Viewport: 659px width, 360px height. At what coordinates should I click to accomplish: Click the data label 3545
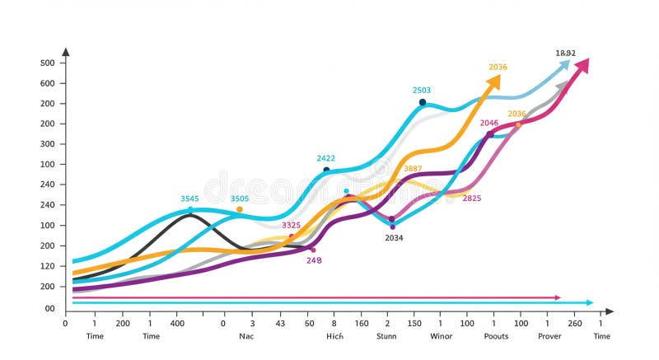(190, 199)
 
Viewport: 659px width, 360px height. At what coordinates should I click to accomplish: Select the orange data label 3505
(240, 199)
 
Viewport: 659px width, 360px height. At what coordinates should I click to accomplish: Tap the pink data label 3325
(291, 225)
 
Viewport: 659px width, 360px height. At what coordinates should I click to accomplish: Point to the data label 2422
(325, 158)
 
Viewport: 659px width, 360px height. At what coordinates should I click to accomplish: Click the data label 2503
(422, 91)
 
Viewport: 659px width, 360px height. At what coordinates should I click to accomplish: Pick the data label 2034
(394, 238)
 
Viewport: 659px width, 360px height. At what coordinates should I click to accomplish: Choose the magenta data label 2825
(472, 199)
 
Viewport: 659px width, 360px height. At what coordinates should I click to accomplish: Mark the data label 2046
(489, 123)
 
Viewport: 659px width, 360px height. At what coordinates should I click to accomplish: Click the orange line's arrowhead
(494, 80)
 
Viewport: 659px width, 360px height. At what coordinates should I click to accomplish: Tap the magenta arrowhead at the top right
(583, 63)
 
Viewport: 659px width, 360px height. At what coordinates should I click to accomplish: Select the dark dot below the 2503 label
(423, 102)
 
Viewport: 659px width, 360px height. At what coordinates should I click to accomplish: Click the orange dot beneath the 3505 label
(240, 209)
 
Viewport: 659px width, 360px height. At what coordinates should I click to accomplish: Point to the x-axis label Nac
(246, 336)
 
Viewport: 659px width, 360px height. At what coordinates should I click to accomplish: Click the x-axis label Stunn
(386, 336)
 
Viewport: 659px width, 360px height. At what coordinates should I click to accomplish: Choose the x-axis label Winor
(441, 336)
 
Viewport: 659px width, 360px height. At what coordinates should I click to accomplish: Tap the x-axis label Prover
(549, 336)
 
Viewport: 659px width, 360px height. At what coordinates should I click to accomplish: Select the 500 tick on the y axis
(47, 63)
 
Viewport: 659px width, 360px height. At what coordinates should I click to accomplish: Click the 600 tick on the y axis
(47, 83)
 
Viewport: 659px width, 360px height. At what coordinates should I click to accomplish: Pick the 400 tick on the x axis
(177, 323)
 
